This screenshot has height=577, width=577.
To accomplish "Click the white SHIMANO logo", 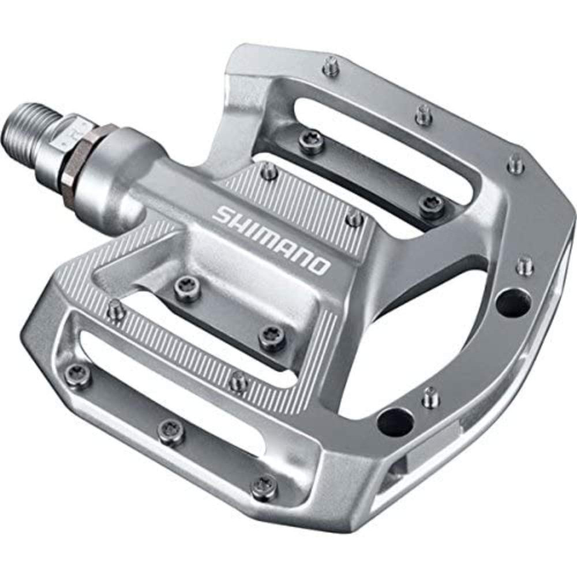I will coord(271,239).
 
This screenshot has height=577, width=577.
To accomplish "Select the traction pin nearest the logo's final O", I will coord(354,218).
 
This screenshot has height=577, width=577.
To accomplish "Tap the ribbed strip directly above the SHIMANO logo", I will coord(300,196).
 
